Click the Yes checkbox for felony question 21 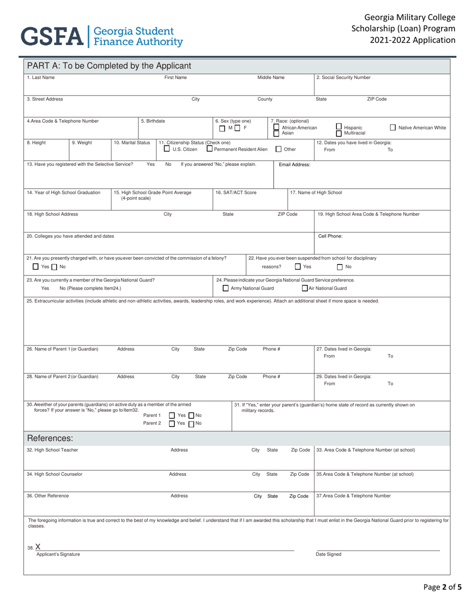point(29,266)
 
